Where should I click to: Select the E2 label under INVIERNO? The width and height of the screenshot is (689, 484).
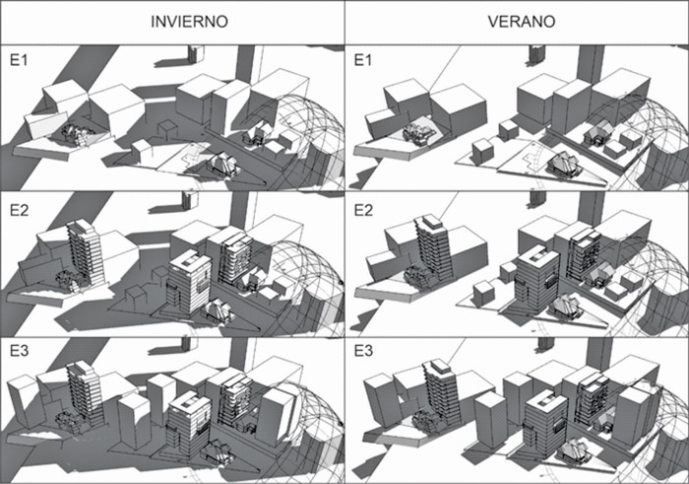[17, 205]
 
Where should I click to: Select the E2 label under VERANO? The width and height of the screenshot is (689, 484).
[362, 205]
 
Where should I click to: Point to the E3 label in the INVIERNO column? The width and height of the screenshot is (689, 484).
[17, 353]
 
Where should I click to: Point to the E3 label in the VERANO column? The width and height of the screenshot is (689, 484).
[362, 353]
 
